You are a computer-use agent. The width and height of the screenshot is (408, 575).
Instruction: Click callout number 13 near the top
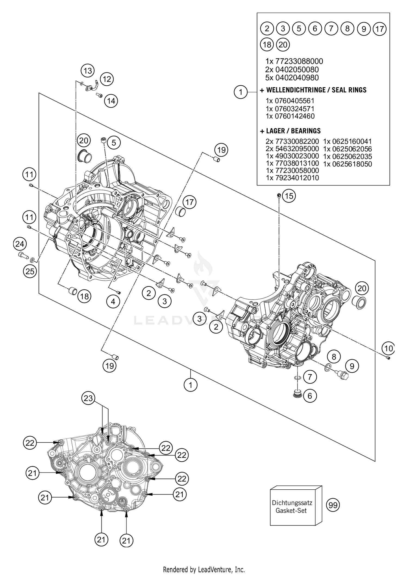pyautogui.click(x=88, y=71)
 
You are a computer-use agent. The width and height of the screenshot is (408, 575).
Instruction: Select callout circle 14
pyautogui.click(x=111, y=101)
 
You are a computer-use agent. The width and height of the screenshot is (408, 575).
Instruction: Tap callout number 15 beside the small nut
pyautogui.click(x=289, y=196)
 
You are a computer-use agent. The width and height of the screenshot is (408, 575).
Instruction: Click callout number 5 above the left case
pyautogui.click(x=114, y=142)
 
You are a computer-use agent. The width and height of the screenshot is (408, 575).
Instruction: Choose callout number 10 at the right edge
pyautogui.click(x=389, y=348)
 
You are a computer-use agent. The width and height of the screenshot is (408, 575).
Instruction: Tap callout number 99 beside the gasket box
pyautogui.click(x=333, y=505)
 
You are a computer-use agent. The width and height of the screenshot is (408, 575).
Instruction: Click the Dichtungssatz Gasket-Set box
pyautogui.click(x=292, y=507)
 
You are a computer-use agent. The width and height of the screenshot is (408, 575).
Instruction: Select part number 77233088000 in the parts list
pyautogui.click(x=294, y=61)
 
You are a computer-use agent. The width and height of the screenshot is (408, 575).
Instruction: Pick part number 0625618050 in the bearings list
pyautogui.click(x=348, y=164)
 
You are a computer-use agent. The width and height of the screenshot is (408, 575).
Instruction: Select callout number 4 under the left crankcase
pyautogui.click(x=113, y=301)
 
